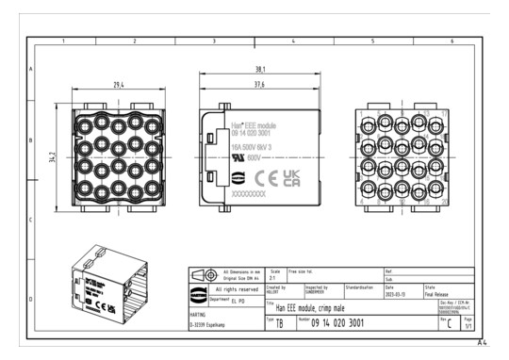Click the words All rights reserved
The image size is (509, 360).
tap(231, 288)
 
